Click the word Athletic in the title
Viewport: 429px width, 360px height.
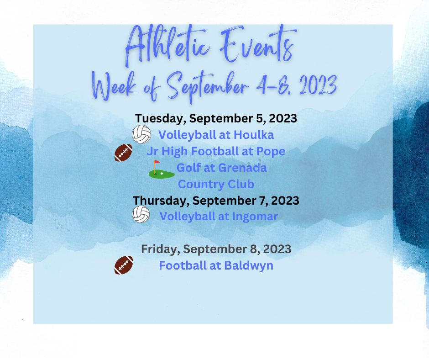[167, 45]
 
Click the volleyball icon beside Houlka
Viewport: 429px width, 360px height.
[141, 134]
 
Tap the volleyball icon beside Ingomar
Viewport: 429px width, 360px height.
[141, 214]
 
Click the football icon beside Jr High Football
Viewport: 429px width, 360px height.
[123, 153]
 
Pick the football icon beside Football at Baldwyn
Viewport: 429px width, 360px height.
[124, 265]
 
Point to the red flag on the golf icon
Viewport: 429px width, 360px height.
[157, 162]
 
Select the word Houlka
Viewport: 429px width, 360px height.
[254, 135]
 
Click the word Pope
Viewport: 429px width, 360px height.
[271, 152]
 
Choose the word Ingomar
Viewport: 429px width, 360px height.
[255, 217]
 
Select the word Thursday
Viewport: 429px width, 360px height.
[161, 201]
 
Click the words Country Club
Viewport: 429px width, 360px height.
[216, 185]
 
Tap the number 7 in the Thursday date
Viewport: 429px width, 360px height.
[263, 201]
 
